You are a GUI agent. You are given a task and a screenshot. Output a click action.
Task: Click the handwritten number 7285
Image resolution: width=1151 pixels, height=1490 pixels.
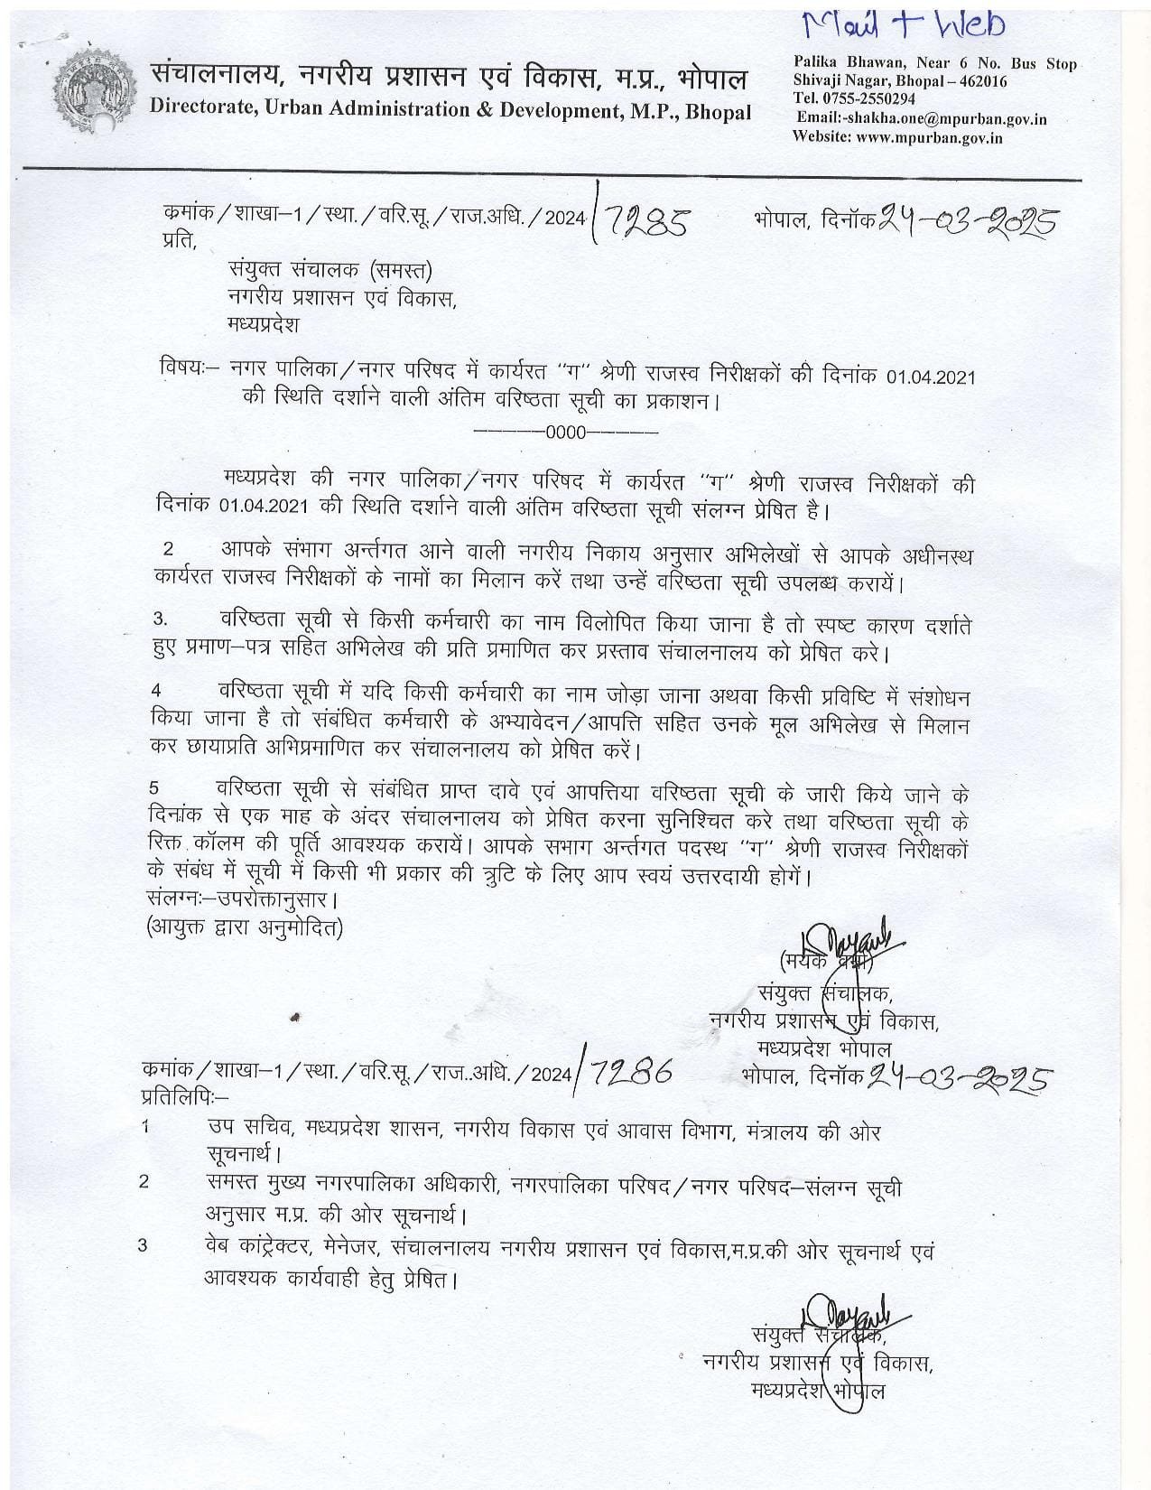(x=647, y=221)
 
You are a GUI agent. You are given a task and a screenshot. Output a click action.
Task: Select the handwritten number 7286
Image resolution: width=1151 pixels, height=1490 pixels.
(x=632, y=1072)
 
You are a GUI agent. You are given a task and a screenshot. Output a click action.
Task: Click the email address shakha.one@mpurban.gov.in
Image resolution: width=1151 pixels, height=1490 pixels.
(x=927, y=119)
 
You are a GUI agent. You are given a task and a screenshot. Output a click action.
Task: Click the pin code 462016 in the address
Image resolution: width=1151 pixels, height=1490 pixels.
(x=984, y=81)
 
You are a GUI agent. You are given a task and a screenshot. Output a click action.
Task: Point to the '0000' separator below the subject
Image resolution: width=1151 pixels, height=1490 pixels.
(x=565, y=431)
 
